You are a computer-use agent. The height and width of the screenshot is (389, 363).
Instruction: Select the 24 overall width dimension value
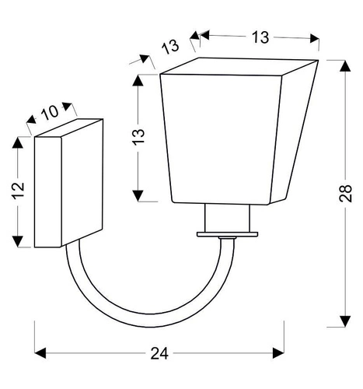click(159, 353)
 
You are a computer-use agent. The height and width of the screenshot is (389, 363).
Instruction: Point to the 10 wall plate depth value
click(50, 111)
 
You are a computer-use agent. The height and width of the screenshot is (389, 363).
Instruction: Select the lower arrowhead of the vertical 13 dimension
click(137, 196)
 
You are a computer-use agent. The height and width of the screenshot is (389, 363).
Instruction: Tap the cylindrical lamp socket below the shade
click(228, 219)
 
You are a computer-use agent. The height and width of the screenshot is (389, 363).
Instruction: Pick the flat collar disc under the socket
click(228, 233)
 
